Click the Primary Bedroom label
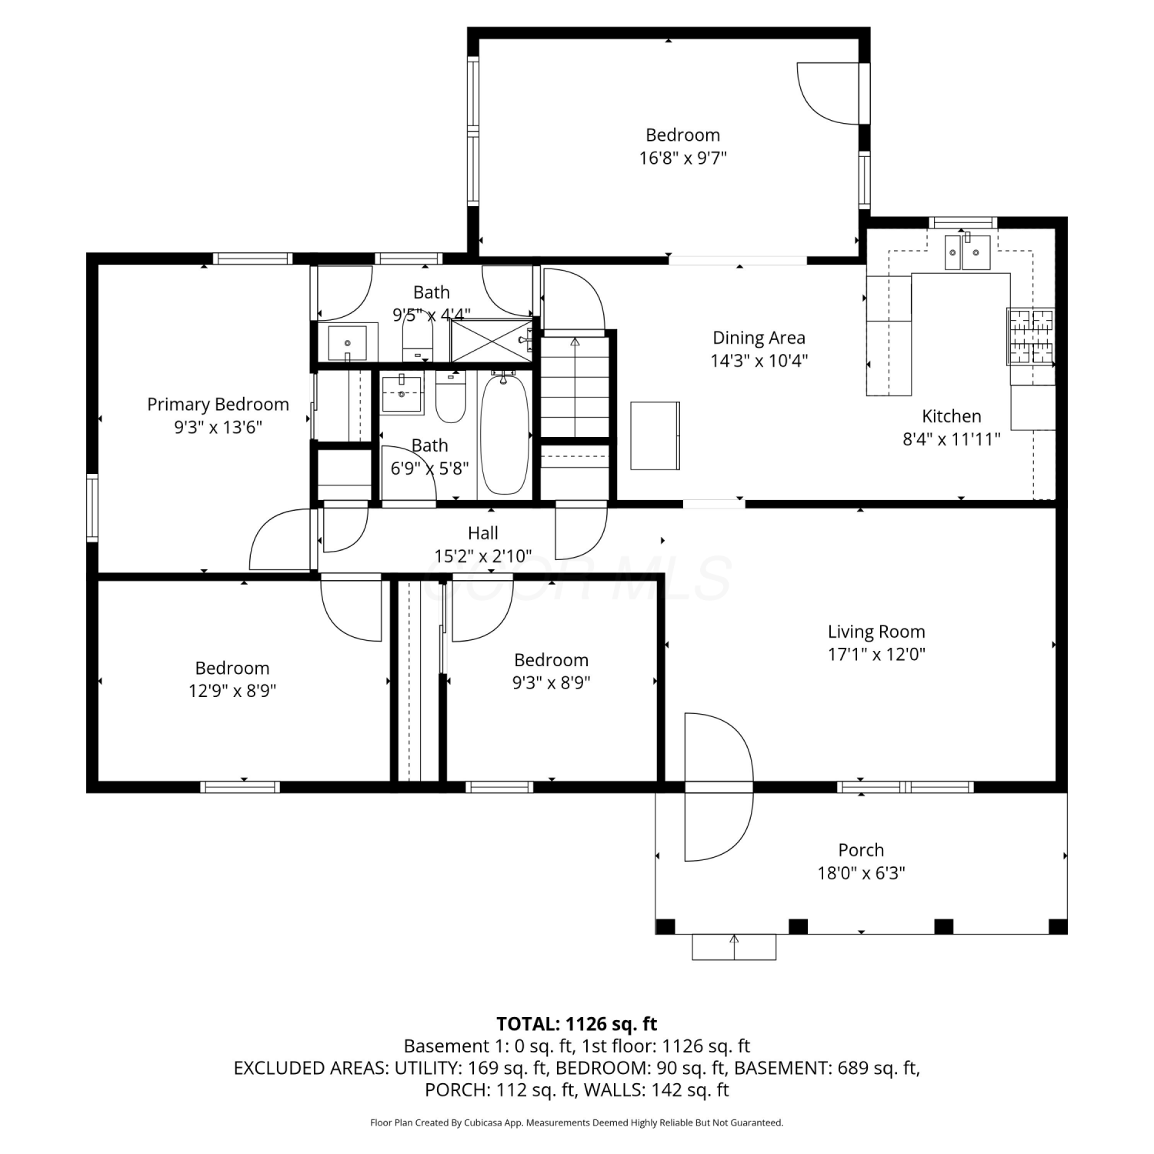coord(218,405)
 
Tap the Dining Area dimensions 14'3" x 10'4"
coord(759,361)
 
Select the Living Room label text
coord(876,632)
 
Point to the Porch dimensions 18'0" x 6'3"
coord(861,873)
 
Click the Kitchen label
coord(952,416)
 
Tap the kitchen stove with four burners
coord(1031,336)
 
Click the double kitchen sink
coord(967,252)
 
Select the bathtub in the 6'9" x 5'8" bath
coord(504,434)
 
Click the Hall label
coord(483,533)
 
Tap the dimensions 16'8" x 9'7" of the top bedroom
coord(682,158)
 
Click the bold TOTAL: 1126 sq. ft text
coord(577,1024)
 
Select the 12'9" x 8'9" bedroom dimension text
coord(232,691)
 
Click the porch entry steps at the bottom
coord(734,947)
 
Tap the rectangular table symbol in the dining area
coord(655,435)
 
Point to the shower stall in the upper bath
coord(491,340)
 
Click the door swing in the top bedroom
coord(828,93)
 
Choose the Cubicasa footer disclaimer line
coord(577,1122)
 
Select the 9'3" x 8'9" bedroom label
coord(552,660)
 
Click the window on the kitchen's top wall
coord(963,223)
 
